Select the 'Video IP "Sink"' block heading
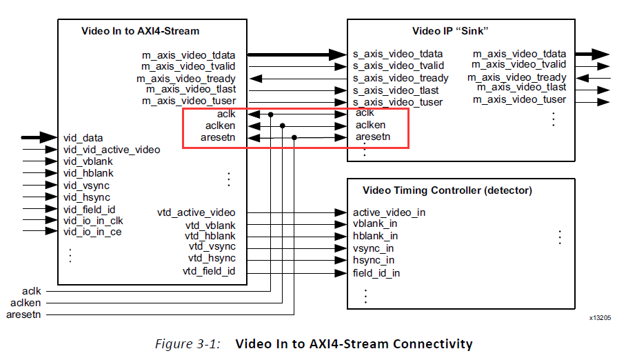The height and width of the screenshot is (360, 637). pos(450,30)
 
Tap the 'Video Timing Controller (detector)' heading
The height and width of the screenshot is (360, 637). pos(447,190)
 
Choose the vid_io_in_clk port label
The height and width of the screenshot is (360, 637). pos(93,220)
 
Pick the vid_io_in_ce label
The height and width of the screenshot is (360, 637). pos(92,232)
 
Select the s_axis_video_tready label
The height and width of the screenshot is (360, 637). pos(401,78)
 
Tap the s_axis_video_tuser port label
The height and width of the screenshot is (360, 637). pos(398,102)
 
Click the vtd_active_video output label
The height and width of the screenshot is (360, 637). pos(196,212)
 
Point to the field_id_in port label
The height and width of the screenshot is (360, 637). pos(376,272)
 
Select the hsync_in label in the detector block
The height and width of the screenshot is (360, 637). pos(374,260)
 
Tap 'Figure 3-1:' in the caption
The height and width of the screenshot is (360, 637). pos(188,343)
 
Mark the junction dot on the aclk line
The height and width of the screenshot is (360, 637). pos(271,114)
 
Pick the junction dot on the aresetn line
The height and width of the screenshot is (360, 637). pos(294,137)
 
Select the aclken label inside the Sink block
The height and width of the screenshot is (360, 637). pos(370,125)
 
